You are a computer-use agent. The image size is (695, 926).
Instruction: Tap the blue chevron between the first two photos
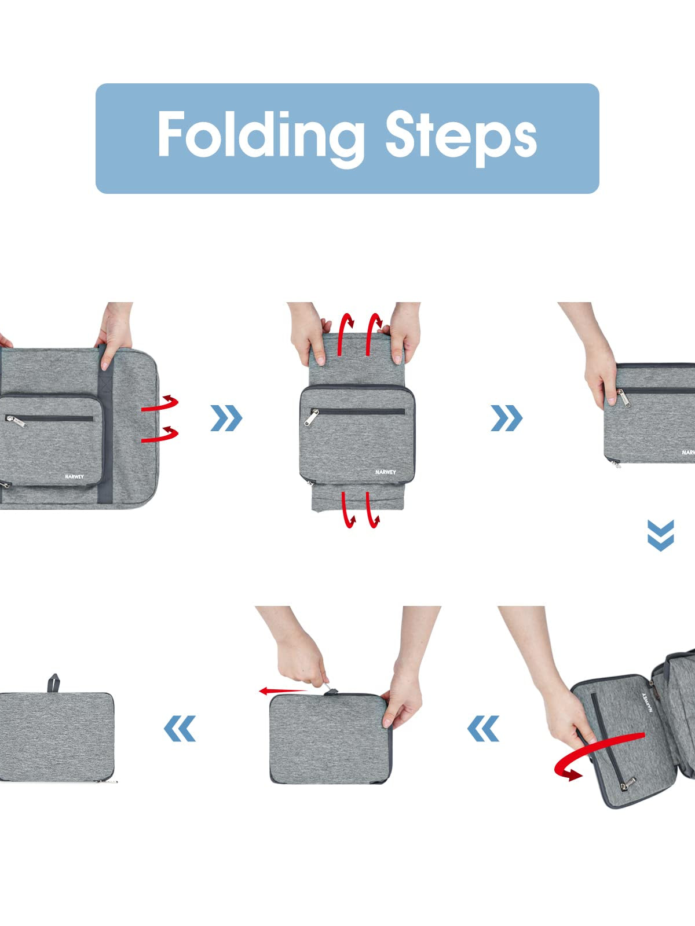(x=226, y=418)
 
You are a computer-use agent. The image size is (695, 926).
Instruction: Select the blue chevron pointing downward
(x=660, y=535)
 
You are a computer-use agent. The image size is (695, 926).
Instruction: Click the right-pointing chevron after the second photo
(x=506, y=418)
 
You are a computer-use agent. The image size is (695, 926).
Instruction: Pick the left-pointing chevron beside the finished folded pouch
(x=180, y=728)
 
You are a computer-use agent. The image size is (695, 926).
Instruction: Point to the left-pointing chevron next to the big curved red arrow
(x=483, y=728)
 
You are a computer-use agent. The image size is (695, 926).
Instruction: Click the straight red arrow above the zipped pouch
(x=283, y=691)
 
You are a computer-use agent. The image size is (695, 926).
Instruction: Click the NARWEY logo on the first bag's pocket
(x=74, y=476)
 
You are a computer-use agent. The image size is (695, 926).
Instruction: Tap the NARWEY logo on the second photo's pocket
(x=386, y=472)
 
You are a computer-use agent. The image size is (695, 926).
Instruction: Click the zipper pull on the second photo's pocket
(x=310, y=417)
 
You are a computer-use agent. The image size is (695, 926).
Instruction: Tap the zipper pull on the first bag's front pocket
(x=16, y=421)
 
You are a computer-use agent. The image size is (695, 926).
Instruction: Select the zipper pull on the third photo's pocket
(x=624, y=398)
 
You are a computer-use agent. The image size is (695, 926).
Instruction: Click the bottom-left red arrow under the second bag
(x=349, y=510)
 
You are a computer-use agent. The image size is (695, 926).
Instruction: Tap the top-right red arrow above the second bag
(x=374, y=334)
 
